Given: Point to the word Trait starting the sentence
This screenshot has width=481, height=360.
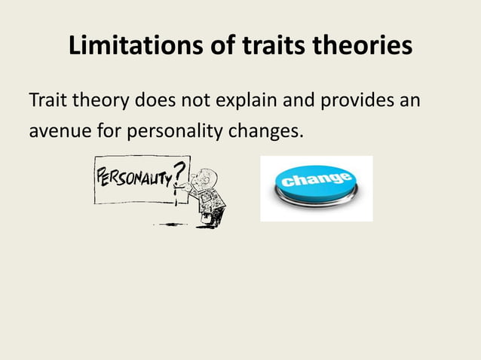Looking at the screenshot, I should [47, 100].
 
